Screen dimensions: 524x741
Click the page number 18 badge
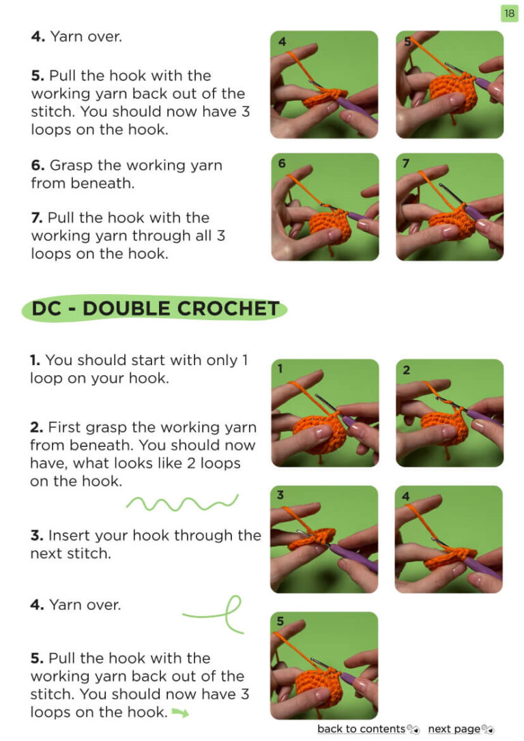509,13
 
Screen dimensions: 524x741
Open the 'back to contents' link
362,729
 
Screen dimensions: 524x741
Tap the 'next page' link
454,729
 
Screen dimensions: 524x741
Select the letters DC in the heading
47,308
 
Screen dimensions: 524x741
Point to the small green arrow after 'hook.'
180,712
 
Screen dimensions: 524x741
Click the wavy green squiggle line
182,504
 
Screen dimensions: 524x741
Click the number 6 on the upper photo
282,163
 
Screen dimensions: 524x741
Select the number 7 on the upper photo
406,163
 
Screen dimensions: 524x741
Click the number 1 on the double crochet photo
280,368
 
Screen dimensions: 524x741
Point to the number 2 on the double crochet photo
407,370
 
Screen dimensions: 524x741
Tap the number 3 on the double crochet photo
280,495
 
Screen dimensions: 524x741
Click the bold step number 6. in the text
38,165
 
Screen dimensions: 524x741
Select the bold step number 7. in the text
37,218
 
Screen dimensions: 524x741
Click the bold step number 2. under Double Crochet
37,427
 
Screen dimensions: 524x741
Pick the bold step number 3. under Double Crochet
37,536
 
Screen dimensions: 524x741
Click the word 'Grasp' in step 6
72,166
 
